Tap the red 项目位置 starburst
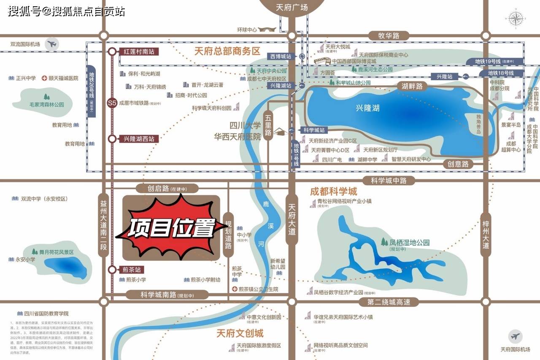(x=171, y=228)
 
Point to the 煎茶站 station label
(x=130, y=269)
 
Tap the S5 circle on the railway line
(x=112, y=103)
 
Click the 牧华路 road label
(x=389, y=35)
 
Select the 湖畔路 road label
(x=412, y=86)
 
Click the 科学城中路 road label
(x=389, y=181)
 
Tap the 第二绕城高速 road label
(x=389, y=302)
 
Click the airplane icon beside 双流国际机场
(x=52, y=43)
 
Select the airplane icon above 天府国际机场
(x=515, y=337)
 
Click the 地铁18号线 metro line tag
(x=501, y=73)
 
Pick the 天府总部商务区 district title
(x=227, y=51)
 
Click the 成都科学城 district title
(x=333, y=191)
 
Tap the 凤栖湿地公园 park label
(x=409, y=243)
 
